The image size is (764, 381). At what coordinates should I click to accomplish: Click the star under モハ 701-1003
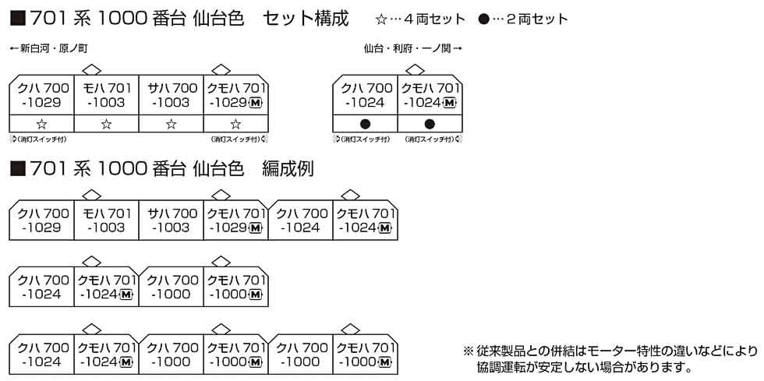click(106, 123)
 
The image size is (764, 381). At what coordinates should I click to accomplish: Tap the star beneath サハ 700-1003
click(171, 123)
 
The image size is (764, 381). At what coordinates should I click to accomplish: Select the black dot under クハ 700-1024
click(365, 123)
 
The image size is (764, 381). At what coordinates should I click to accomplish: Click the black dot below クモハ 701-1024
click(429, 123)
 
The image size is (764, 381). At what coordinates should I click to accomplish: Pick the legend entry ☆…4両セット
click(420, 18)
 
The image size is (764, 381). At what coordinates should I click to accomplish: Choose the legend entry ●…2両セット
click(524, 18)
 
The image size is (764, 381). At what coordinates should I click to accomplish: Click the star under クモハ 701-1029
click(235, 123)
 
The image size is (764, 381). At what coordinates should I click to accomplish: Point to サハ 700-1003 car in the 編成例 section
click(171, 220)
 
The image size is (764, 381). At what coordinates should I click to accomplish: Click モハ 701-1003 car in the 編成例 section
click(106, 220)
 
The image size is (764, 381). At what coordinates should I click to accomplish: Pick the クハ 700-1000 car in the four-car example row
click(171, 287)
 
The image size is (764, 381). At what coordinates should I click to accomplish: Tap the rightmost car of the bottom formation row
click(365, 354)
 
